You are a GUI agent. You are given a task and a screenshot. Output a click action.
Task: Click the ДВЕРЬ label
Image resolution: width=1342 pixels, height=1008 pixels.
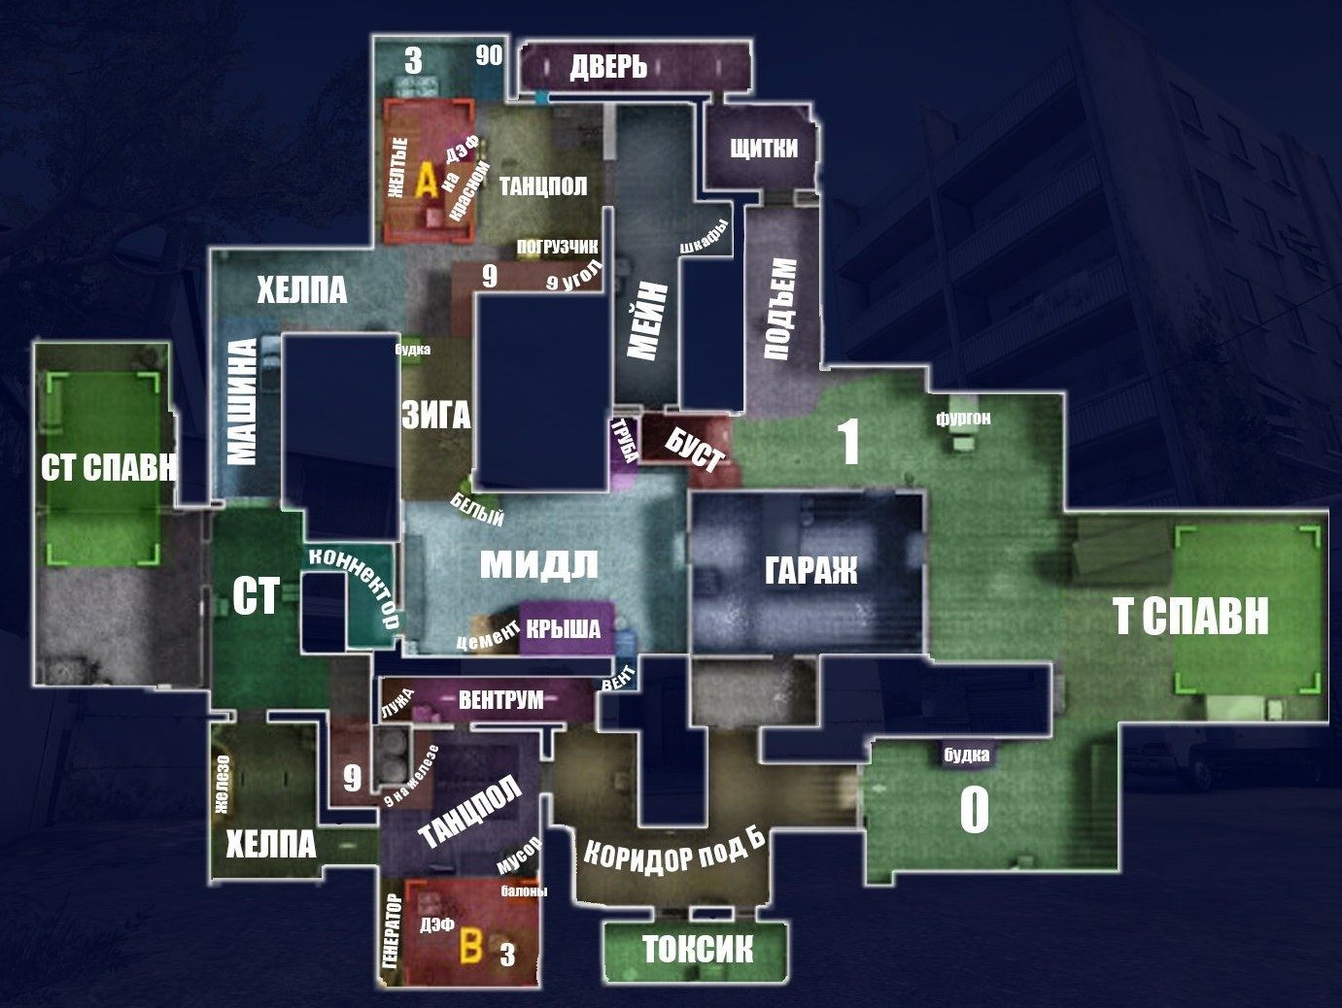point(608,67)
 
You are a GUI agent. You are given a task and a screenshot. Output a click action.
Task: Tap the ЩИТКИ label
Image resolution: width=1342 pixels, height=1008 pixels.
point(763,149)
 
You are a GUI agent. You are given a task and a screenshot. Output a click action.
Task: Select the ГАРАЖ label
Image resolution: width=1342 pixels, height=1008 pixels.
point(810,570)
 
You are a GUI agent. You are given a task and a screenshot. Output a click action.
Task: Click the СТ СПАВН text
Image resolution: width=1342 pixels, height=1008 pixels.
point(109,468)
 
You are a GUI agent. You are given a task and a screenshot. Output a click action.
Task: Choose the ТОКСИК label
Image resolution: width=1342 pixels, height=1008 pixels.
point(697,949)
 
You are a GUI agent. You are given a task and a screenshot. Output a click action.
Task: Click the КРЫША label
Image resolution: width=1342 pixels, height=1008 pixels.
point(563,629)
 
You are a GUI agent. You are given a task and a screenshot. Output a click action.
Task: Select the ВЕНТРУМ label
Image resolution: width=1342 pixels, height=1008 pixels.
point(500,699)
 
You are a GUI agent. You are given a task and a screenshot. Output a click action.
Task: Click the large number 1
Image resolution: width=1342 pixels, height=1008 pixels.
point(848,443)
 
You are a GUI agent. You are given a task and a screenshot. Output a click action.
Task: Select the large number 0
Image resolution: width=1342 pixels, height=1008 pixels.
point(974,809)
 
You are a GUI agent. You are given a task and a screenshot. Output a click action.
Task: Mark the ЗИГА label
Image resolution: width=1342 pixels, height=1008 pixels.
point(435,417)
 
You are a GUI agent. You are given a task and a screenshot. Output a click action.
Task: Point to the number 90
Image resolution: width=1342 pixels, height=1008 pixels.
point(489,55)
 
